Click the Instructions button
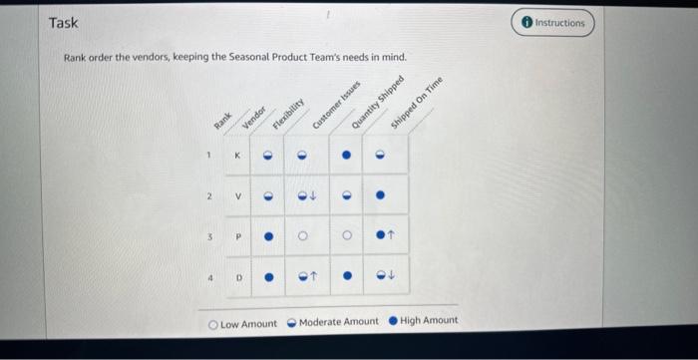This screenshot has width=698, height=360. coord(552,22)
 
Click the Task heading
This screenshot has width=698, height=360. coord(63,22)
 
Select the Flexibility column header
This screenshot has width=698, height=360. coord(288,108)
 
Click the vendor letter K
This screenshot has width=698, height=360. coord(237,156)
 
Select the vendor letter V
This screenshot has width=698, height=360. coord(237,196)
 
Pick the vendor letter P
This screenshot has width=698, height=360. coord(237,238)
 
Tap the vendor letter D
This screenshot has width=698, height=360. coord(237,279)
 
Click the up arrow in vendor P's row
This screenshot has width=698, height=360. coord(392,238)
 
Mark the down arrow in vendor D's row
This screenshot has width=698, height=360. coord(392,279)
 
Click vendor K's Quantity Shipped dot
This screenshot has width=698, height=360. coord(346,156)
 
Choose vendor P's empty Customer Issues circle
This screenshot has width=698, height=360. coord(346,238)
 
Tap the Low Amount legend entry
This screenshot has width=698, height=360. coord(243,322)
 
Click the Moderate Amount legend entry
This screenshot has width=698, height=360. coord(332,321)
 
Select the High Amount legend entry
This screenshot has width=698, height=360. coord(423,320)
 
